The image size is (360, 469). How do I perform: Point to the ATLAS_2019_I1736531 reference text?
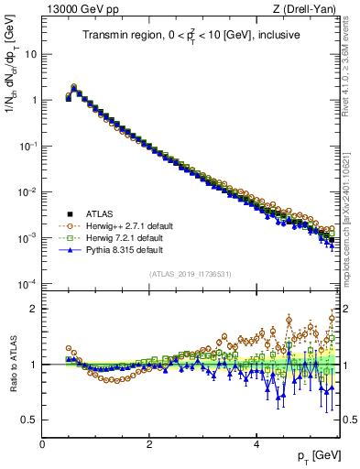(191, 273)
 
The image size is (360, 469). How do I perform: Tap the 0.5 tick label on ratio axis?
(27, 420)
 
